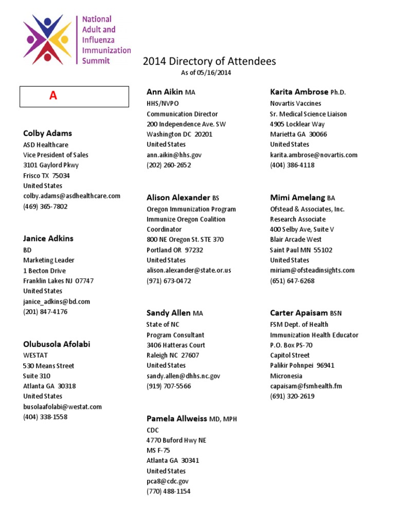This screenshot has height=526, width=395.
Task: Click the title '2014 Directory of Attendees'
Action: click(x=209, y=62)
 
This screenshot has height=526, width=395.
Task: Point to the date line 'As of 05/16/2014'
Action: click(x=206, y=73)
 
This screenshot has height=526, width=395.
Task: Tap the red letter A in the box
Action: click(x=53, y=96)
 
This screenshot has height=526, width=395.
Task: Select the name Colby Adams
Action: click(x=47, y=134)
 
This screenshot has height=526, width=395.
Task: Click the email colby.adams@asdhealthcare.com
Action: click(x=71, y=196)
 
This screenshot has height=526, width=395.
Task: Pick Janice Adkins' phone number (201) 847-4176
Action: click(x=45, y=311)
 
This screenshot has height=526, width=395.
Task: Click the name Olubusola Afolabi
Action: click(x=57, y=344)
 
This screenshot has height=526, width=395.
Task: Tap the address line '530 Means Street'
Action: click(x=48, y=366)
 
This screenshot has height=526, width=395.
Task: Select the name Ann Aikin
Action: click(x=165, y=92)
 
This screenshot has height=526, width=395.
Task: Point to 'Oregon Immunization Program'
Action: click(x=191, y=209)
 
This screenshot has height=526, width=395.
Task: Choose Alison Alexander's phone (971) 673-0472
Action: click(x=169, y=281)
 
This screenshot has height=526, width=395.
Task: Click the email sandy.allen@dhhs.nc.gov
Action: click(x=183, y=376)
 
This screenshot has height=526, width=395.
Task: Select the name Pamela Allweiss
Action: click(x=176, y=419)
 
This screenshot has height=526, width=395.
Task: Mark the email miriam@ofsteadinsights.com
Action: click(x=312, y=270)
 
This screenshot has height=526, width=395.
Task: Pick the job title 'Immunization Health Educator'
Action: click(x=314, y=335)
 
